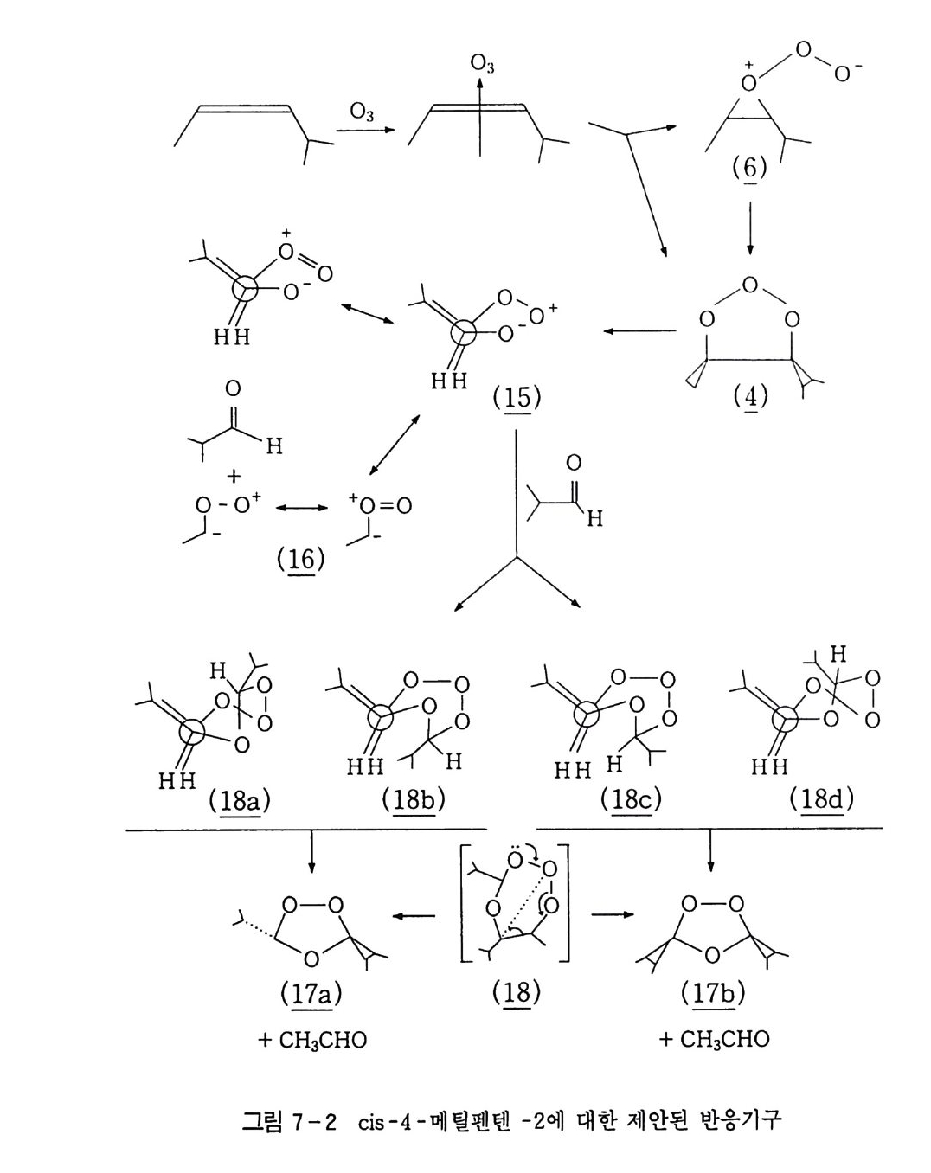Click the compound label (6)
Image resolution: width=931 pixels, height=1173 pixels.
[748, 167]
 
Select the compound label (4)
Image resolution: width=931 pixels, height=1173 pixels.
[749, 396]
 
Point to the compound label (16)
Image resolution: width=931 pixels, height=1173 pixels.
[300, 560]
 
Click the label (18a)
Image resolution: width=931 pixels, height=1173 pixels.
[239, 800]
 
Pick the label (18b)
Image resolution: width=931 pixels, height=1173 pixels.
[413, 800]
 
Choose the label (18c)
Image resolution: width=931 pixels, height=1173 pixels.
[631, 800]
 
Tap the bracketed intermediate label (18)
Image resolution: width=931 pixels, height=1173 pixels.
[516, 992]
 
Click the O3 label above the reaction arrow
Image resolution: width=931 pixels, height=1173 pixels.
[362, 112]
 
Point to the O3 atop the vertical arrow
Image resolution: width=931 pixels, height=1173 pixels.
[482, 63]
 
